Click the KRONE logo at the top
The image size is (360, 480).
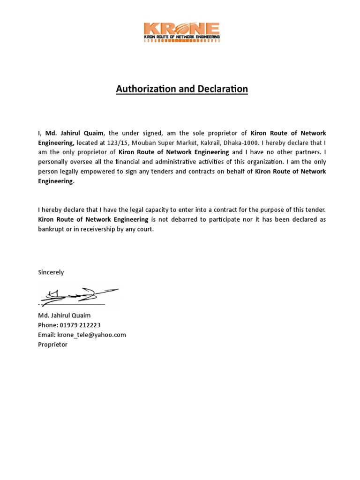click(182, 32)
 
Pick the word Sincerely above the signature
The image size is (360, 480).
click(51, 272)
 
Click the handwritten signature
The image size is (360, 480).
click(79, 295)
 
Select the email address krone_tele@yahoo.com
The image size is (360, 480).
click(91, 335)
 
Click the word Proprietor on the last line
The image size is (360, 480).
click(52, 345)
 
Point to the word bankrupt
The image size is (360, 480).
click(51, 229)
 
